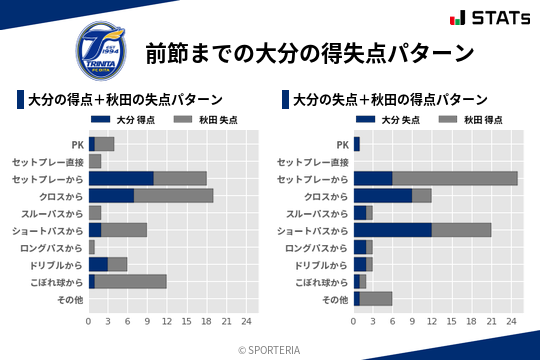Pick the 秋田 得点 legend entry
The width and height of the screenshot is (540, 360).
click(477, 120)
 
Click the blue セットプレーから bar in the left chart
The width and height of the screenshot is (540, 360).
click(121, 178)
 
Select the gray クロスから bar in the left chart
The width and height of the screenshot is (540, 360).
click(173, 195)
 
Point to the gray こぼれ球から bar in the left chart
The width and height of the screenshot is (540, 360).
click(130, 281)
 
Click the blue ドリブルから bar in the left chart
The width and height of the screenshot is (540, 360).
click(98, 264)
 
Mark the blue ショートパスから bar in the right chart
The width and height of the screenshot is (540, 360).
click(393, 230)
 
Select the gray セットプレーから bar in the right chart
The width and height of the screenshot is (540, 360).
click(455, 178)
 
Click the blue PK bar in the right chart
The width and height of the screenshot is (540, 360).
click(356, 144)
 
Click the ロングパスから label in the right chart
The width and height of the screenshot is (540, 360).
click(317, 247)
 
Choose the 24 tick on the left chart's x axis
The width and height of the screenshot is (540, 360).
click(246, 321)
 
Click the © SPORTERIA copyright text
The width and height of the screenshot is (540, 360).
click(270, 349)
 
